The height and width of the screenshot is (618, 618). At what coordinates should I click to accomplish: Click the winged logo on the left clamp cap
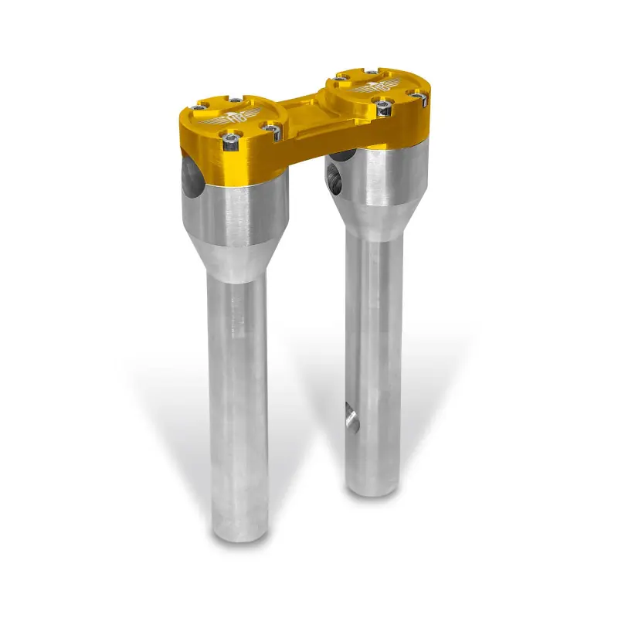click(229, 118)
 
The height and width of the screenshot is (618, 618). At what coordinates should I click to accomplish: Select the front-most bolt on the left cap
click(229, 141)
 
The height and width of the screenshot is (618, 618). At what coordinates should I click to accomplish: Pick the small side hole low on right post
click(351, 419)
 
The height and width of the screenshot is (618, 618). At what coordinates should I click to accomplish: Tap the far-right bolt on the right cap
click(418, 96)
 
